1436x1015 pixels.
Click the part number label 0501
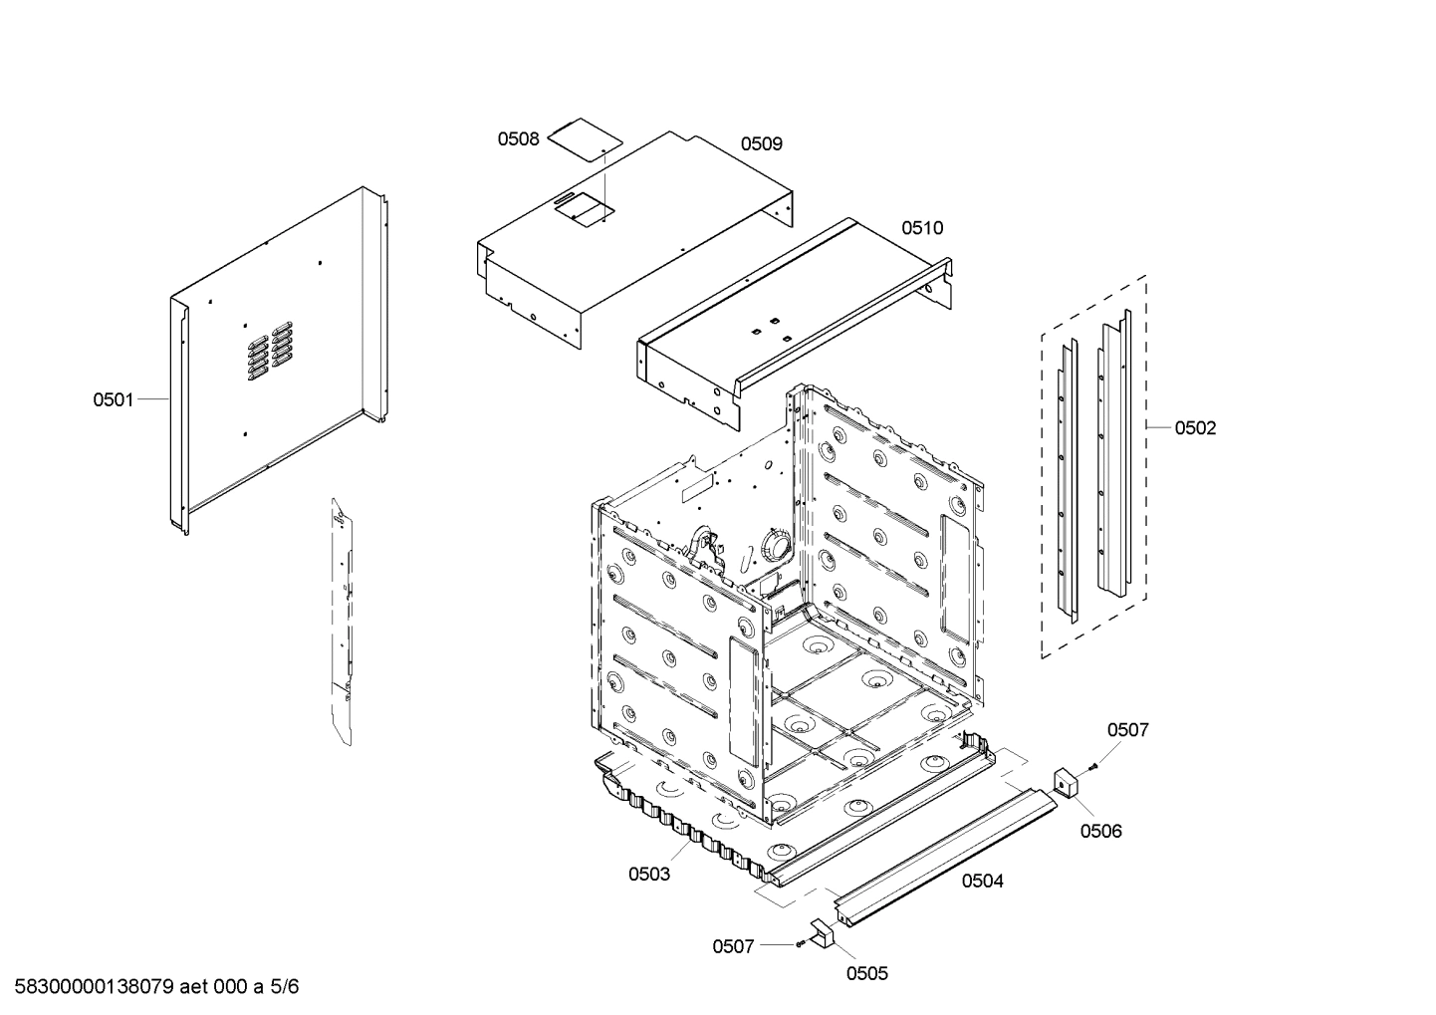(113, 399)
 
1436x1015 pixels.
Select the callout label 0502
(1195, 428)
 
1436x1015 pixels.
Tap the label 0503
(648, 874)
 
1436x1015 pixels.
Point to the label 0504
(982, 881)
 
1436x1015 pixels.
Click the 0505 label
(866, 973)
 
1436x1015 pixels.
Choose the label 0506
(1100, 831)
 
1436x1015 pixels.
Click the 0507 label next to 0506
(1127, 730)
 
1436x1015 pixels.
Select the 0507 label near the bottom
(733, 946)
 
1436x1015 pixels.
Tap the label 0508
(518, 139)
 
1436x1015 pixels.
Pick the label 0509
(761, 144)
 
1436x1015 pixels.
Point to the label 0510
(922, 228)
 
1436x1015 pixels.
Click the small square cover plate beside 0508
(580, 135)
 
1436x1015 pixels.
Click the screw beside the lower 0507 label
(800, 944)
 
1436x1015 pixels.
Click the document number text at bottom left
(150, 987)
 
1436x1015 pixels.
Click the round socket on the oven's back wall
(773, 547)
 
